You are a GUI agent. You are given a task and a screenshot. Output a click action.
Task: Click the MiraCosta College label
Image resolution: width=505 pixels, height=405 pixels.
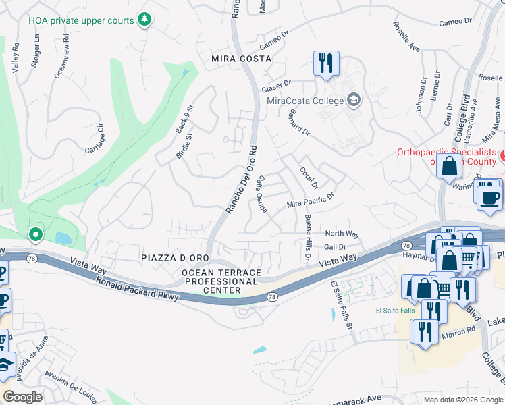click(305, 101)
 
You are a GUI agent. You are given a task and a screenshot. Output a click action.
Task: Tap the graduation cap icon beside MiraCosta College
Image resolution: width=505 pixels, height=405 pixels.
click(353, 101)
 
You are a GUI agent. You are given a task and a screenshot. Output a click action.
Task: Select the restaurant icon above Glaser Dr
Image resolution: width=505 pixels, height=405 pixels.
click(326, 63)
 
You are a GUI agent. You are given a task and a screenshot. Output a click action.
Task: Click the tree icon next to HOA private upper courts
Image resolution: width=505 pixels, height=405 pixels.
click(144, 20)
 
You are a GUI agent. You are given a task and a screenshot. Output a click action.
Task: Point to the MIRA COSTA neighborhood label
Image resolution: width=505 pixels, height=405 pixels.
click(240, 59)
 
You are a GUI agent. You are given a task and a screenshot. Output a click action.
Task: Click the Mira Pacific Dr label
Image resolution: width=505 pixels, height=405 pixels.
click(311, 200)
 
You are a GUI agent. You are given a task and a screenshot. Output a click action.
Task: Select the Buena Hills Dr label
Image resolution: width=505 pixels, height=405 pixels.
click(307, 238)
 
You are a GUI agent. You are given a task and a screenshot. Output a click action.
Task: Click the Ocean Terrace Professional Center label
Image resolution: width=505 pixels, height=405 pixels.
click(221, 281)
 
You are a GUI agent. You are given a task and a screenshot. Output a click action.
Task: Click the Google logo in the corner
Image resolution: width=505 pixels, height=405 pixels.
click(22, 396)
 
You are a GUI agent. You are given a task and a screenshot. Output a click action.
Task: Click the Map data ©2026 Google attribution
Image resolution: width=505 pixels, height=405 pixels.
click(462, 400)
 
